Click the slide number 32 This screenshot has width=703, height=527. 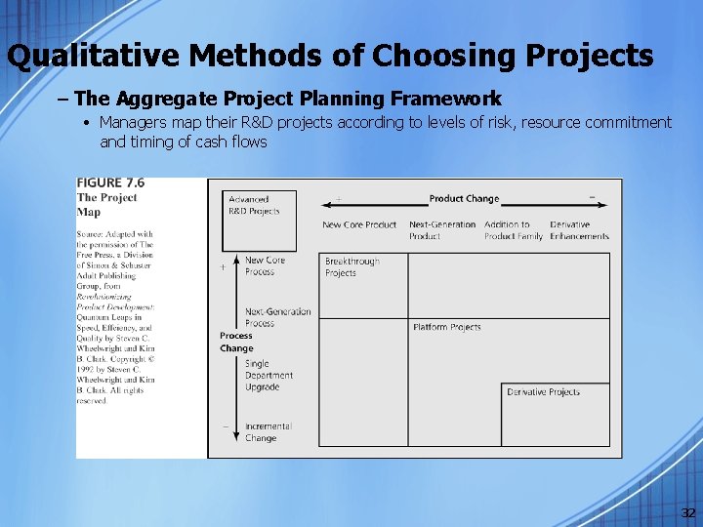click(x=688, y=513)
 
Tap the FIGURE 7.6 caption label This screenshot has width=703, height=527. click(x=111, y=182)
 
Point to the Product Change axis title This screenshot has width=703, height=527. click(x=464, y=199)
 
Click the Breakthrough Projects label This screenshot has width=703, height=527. click(x=351, y=267)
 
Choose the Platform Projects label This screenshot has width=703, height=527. click(x=446, y=327)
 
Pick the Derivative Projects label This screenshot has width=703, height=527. click(x=543, y=392)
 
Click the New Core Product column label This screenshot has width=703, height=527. click(x=359, y=225)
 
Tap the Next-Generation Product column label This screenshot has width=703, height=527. click(x=441, y=230)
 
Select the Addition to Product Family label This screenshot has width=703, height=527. click(x=513, y=230)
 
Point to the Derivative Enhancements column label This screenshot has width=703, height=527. click(x=579, y=230)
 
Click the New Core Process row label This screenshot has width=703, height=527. click(x=265, y=266)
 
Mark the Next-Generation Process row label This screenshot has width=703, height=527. click(x=277, y=317)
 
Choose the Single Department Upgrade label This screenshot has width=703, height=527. click(x=269, y=375)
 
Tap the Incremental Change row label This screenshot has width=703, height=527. click(x=268, y=432)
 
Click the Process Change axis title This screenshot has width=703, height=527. click(x=236, y=342)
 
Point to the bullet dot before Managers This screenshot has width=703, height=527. click(x=87, y=123)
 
